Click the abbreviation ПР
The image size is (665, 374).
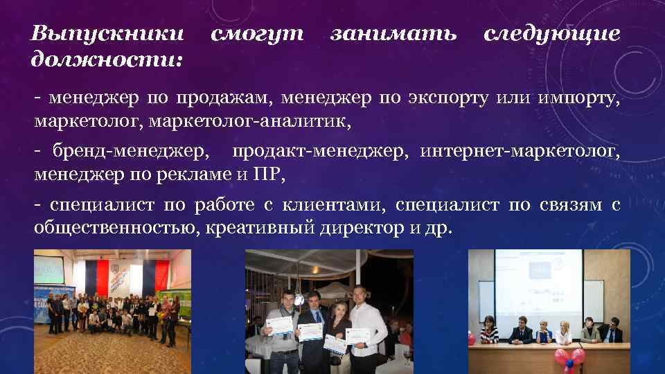pyautogui.click(x=269, y=174)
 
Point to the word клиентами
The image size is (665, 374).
pyautogui.click(x=342, y=204)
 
